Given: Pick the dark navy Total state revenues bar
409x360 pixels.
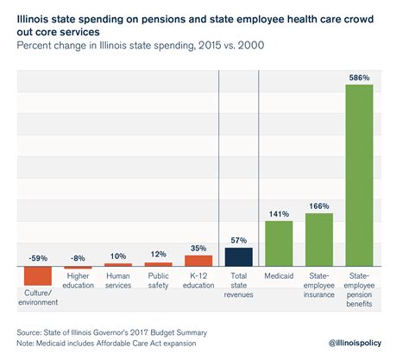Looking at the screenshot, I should [x=238, y=257].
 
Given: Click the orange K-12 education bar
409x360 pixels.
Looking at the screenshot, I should [x=198, y=261].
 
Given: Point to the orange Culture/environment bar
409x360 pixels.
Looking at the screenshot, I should [x=38, y=275].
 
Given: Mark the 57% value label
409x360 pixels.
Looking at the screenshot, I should [x=238, y=239].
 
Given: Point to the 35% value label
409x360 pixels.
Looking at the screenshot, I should [x=198, y=247].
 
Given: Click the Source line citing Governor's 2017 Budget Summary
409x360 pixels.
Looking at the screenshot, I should [x=112, y=331].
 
